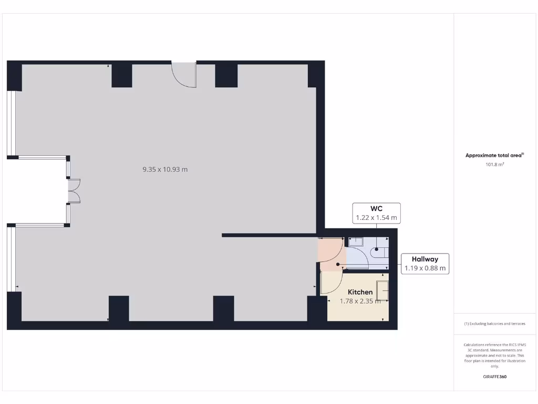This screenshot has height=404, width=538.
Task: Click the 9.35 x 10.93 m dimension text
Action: (165, 169)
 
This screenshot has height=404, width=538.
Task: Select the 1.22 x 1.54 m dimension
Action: (376, 217)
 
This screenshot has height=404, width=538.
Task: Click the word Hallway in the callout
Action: (425, 259)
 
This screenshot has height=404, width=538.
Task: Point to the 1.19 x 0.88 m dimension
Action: (425, 268)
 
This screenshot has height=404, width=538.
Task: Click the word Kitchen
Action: (360, 292)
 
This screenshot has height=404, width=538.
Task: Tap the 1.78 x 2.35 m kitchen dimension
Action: (360, 301)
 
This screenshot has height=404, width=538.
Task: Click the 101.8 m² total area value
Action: (494, 165)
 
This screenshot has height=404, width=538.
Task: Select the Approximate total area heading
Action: (494, 155)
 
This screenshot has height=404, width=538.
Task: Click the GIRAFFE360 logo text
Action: (494, 377)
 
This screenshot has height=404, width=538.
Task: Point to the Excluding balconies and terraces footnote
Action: (494, 324)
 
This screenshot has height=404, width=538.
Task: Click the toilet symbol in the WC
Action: (379, 253)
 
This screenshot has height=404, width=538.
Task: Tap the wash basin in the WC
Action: (357, 242)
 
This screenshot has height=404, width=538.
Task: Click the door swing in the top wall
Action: (184, 74)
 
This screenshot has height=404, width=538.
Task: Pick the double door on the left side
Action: (74, 191)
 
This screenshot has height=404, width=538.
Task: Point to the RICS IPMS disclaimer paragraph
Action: (494, 355)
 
